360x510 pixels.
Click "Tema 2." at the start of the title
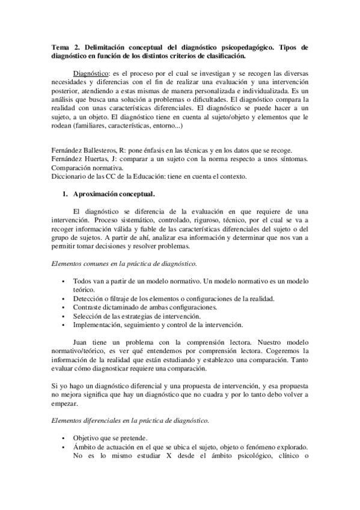[63, 46]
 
